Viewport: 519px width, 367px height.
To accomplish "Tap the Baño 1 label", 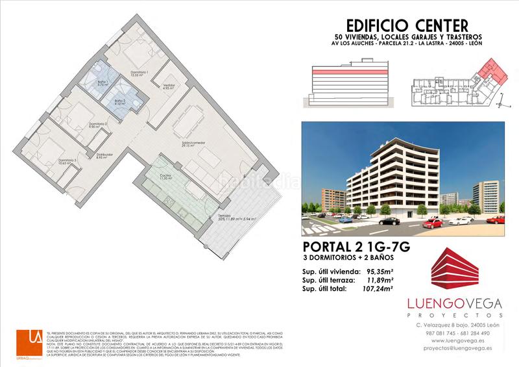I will pyautogui.click(x=103, y=82).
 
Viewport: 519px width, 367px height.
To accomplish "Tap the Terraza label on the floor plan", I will pyautogui.click(x=224, y=214).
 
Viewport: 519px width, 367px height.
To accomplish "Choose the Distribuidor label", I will pyautogui.click(x=104, y=155).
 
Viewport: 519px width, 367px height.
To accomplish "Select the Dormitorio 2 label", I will pyautogui.click(x=97, y=124).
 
